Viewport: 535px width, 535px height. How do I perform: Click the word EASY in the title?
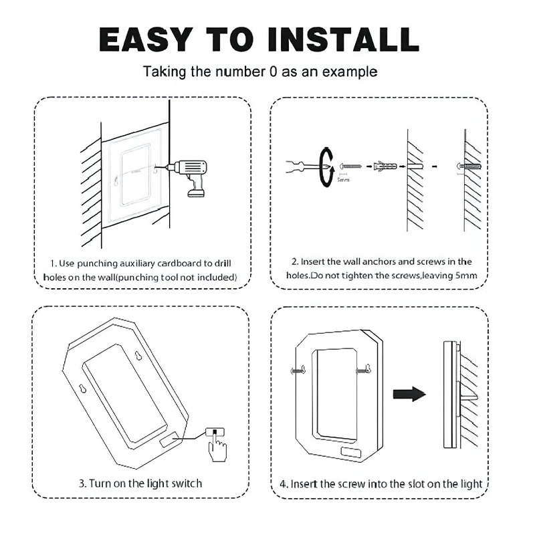[146, 39]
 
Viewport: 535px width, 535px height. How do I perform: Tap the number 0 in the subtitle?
[273, 72]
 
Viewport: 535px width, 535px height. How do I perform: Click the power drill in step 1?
[187, 177]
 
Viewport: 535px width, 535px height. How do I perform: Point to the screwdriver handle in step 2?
[296, 166]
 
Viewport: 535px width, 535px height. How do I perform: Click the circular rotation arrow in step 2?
[326, 167]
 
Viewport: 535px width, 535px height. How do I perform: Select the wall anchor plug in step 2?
[386, 167]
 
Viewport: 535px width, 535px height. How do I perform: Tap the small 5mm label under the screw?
[343, 180]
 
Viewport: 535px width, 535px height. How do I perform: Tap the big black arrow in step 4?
[409, 394]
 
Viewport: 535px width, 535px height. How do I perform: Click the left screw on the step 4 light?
[298, 370]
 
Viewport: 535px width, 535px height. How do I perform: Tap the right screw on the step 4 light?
[363, 370]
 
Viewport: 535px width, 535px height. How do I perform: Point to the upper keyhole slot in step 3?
[138, 356]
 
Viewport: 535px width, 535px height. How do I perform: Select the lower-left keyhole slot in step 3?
[82, 389]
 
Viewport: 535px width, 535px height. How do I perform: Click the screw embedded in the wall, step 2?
[469, 167]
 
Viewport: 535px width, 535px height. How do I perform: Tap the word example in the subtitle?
[350, 72]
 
